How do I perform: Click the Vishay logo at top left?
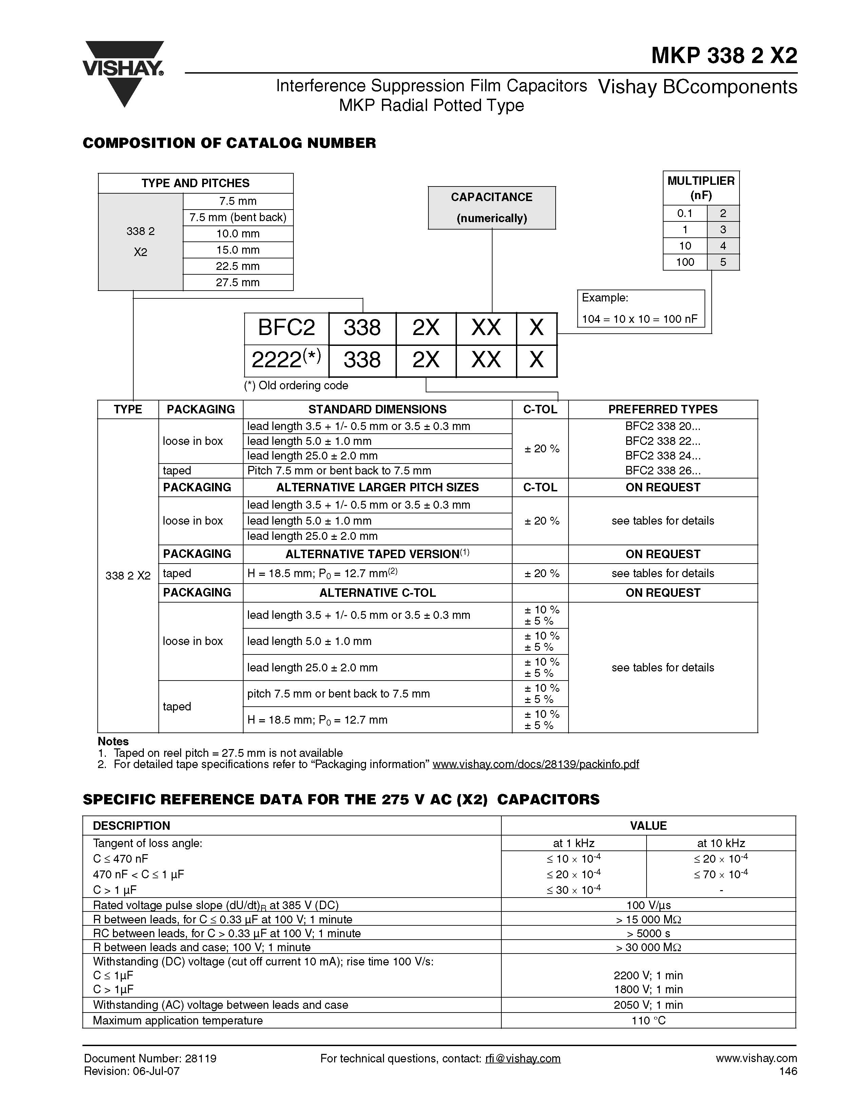point(123,72)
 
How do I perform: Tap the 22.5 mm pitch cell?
point(238,266)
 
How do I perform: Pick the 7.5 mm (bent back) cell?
point(238,217)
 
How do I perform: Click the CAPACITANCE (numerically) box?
point(492,208)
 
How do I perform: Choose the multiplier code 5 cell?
point(723,262)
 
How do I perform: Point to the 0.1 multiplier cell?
point(685,213)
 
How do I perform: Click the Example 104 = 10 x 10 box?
point(640,309)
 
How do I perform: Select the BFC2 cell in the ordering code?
point(286,328)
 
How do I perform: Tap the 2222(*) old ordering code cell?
point(286,360)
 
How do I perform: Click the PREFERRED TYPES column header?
point(662,409)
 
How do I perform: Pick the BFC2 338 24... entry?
point(662,455)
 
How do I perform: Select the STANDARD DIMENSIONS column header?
point(377,409)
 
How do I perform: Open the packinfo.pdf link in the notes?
point(536,764)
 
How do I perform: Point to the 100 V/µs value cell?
point(648,905)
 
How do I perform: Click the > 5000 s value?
point(648,934)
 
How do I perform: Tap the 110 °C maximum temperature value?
point(648,1021)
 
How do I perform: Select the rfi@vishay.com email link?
point(523,1059)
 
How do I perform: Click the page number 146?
point(788,1071)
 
